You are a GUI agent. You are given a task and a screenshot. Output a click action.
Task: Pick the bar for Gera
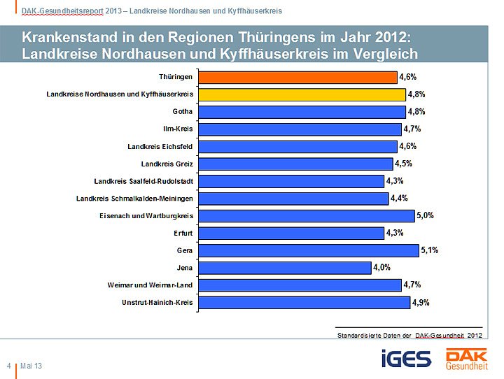[309, 250]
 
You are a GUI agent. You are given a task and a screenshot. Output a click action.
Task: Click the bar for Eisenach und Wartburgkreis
[307, 216]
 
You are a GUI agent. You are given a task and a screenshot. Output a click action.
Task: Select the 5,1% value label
[430, 250]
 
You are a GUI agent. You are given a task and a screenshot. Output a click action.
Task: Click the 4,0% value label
[381, 267]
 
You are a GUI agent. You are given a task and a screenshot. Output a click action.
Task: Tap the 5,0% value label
[425, 215]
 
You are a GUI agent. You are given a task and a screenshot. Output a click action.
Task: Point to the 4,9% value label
[421, 303]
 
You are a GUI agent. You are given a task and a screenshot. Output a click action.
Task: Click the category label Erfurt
[183, 233]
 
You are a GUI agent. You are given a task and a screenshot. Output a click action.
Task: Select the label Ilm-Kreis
[178, 129]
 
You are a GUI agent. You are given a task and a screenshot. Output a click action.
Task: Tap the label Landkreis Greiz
[167, 164]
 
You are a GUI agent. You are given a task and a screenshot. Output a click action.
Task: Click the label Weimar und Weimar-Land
[150, 285]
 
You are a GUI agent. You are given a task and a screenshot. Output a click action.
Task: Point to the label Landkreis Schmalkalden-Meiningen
[134, 199]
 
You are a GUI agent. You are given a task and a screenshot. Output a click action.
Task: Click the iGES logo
[406, 359]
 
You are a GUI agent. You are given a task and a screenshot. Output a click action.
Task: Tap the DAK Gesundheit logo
[467, 358]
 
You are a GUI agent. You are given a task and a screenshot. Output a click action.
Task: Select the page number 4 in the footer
[8, 366]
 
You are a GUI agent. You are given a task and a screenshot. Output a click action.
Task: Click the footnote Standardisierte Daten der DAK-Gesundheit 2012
[409, 336]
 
